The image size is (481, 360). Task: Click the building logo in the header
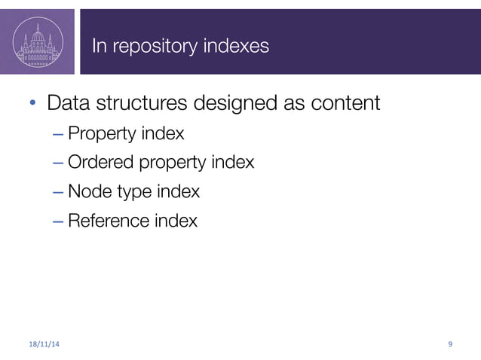click(37, 41)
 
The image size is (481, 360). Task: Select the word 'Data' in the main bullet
click(72, 102)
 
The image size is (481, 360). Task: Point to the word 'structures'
click(153, 103)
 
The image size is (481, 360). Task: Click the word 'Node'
click(87, 191)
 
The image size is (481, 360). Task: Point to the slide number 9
click(450, 344)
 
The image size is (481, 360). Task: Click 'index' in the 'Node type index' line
click(178, 191)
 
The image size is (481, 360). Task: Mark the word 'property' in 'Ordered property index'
click(170, 163)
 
